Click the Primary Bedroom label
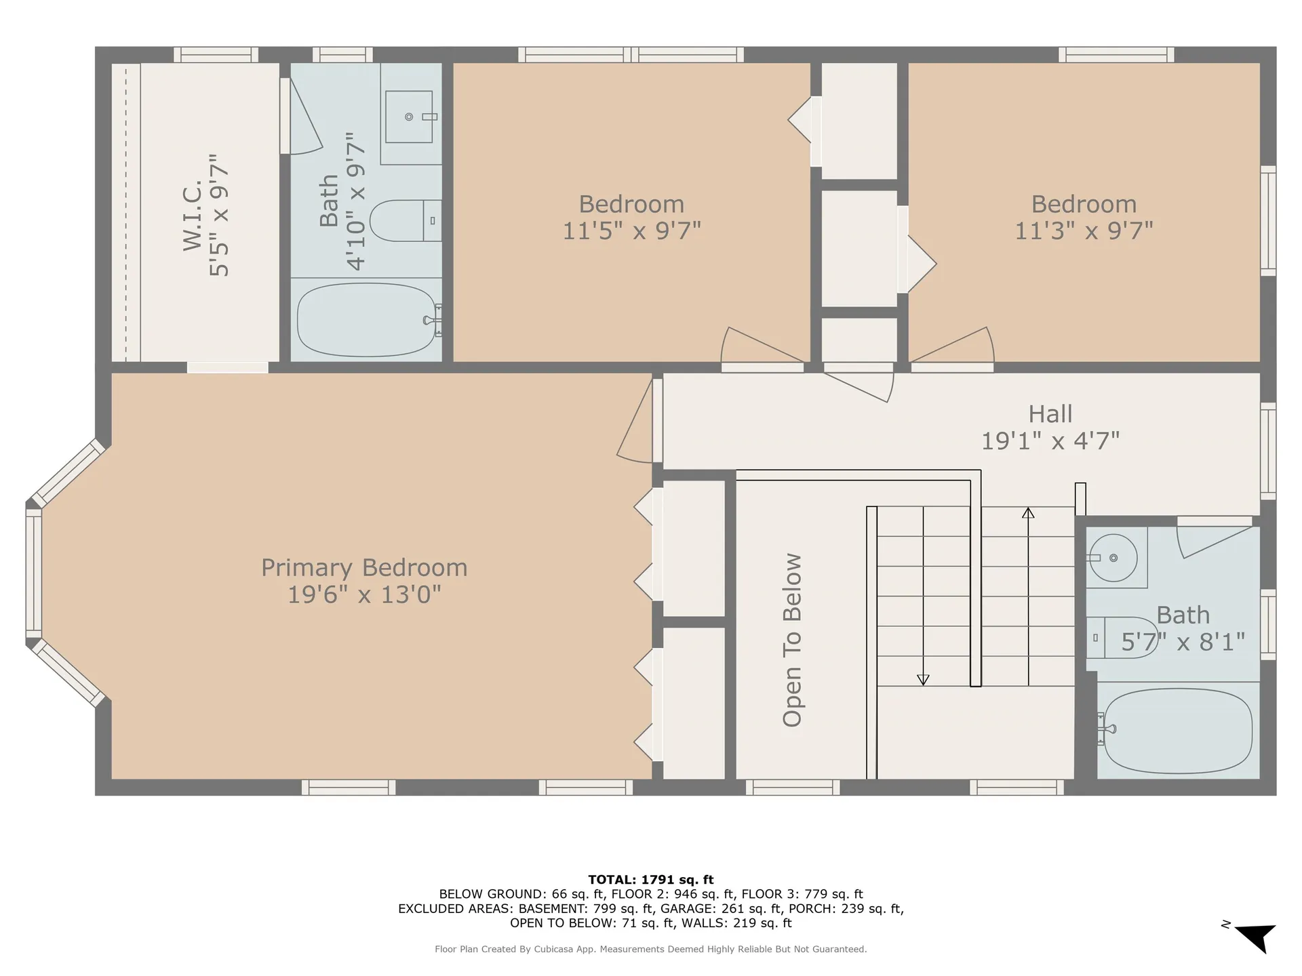point(364,568)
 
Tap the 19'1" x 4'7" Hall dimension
point(1050,441)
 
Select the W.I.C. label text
point(193,216)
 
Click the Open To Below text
point(792,640)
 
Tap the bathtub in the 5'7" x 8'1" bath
point(1178,731)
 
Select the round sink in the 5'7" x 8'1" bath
point(1112,558)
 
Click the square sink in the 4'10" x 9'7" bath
point(409,117)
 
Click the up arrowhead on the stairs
point(1028,513)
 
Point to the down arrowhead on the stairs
point(923,679)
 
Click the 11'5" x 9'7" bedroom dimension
point(631,231)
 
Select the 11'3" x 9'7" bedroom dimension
point(1084,231)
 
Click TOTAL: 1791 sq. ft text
point(650,880)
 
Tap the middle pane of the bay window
point(33,573)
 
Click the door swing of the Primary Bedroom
point(636,427)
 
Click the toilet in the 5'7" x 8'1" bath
point(1119,638)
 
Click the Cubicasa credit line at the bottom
point(650,950)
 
